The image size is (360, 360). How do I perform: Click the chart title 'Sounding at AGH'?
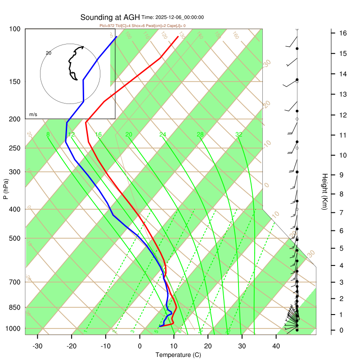(110, 18)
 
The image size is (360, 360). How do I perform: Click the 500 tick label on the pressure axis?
(15, 238)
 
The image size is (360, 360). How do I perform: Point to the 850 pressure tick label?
(15, 307)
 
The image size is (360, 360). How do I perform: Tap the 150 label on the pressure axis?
(15, 81)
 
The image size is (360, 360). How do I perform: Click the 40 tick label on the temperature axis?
(276, 346)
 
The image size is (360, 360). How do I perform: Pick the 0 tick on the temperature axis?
(140, 346)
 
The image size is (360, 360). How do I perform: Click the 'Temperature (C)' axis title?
(178, 355)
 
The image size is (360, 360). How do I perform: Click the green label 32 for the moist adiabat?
(239, 135)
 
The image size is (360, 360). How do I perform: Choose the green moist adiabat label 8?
(48, 135)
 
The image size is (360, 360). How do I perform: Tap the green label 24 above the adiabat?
(162, 135)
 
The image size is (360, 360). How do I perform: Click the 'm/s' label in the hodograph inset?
(33, 114)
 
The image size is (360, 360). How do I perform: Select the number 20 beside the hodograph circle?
(49, 53)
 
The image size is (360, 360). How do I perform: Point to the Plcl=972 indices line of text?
(142, 26)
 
